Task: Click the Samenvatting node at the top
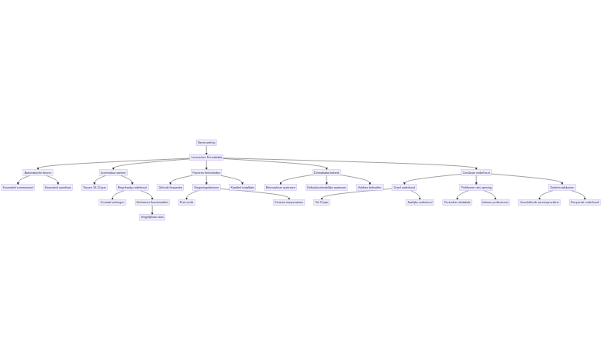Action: pos(206,142)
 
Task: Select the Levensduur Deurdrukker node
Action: pos(206,157)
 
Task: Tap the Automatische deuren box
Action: pos(37,172)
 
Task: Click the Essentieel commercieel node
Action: pos(18,187)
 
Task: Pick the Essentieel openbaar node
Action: pos(58,187)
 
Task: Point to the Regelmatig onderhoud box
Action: pos(132,187)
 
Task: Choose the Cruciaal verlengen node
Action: pos(112,202)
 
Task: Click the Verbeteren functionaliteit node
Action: pos(152,202)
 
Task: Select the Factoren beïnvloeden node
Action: pos(206,172)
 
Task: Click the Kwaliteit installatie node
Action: pos(242,187)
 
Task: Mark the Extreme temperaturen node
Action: pos(288,202)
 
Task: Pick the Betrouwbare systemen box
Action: pos(281,187)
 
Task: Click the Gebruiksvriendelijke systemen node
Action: pos(326,187)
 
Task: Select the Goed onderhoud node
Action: pos(404,187)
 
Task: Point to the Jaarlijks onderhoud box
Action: pos(420,202)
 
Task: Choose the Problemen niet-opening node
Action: pos(476,187)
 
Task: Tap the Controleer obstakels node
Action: pos(458,202)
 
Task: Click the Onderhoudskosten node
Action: pos(562,187)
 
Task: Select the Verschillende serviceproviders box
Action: pos(539,202)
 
